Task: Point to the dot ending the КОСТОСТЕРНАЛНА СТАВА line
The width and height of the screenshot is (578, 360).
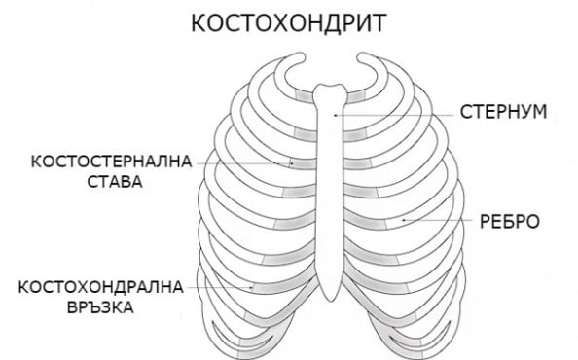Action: pyautogui.click(x=292, y=163)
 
